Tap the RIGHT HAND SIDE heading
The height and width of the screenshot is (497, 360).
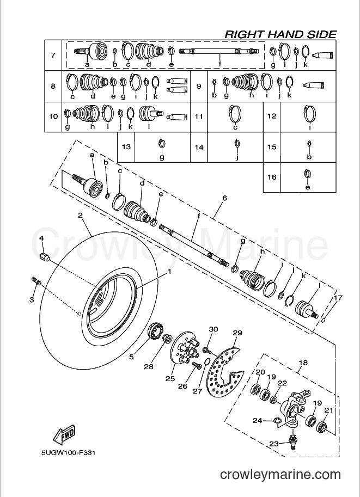coord(280,34)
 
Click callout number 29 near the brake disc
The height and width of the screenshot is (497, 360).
coord(237,333)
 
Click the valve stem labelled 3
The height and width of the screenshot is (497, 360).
coord(35,280)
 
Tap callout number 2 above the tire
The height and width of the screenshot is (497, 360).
coord(80,215)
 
